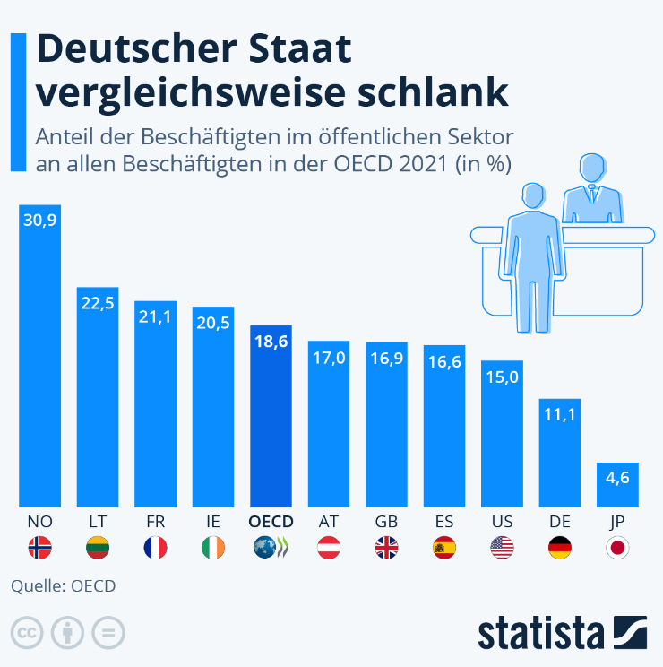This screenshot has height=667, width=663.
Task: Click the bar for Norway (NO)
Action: [39, 359]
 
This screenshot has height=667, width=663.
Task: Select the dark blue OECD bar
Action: [271, 417]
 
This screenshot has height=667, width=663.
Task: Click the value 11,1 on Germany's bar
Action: [559, 414]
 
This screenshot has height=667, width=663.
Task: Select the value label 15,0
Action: [502, 377]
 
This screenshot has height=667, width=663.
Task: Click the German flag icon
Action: [559, 547]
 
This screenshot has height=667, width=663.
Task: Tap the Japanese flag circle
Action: [616, 547]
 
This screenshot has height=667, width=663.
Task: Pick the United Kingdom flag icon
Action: [386, 547]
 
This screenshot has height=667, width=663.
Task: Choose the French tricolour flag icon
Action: [155, 547]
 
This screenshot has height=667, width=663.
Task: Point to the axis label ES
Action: [443, 521]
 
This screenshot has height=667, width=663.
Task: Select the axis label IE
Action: [212, 521]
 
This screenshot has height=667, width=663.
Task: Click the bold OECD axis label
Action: [270, 521]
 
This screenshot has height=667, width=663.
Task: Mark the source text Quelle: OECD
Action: [63, 586]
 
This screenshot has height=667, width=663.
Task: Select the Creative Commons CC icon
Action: [28, 632]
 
